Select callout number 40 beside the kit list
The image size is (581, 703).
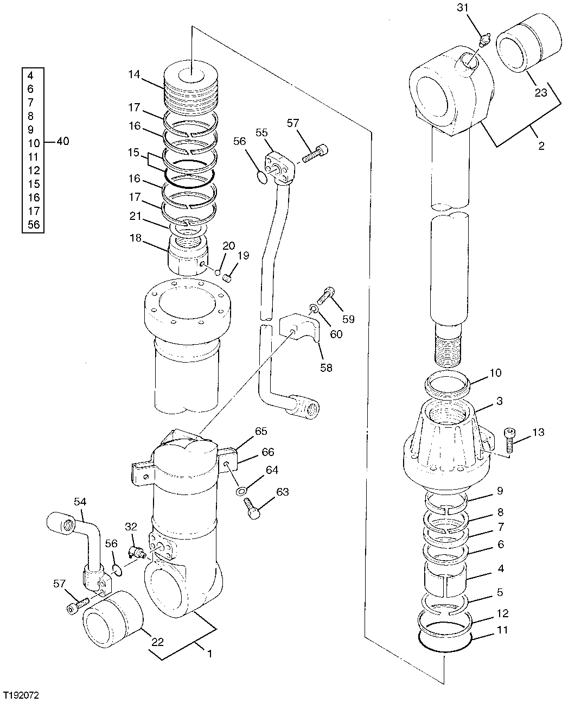(62, 142)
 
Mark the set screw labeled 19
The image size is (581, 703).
(228, 278)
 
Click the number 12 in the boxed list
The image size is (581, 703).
(34, 170)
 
